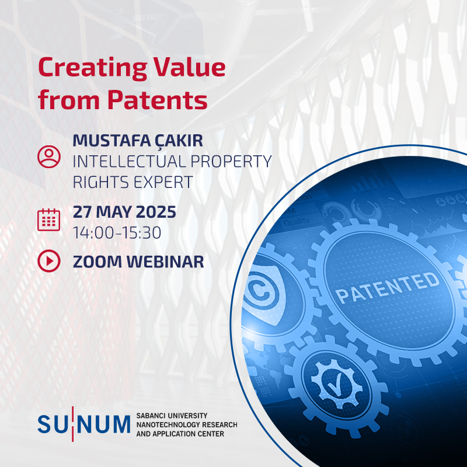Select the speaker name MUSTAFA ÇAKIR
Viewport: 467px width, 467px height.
pos(138,141)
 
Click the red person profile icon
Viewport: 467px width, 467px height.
pos(49,156)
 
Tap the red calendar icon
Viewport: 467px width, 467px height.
pos(49,220)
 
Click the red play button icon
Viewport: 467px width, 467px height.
pos(49,260)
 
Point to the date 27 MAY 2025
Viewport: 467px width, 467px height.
pos(124,212)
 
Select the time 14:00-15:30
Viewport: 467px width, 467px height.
pos(117,232)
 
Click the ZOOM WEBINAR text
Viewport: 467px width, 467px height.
pos(138,262)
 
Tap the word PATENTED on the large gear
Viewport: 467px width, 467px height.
pos(388,288)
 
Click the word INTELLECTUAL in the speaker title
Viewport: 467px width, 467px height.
pos(130,162)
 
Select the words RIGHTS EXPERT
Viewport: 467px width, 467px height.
pos(133,182)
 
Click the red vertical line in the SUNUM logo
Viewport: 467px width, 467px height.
pos(72,424)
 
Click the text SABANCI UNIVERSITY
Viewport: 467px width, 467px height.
pos(172,416)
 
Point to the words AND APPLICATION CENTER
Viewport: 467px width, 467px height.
pos(180,434)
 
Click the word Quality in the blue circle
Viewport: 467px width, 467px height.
pos(297,221)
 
